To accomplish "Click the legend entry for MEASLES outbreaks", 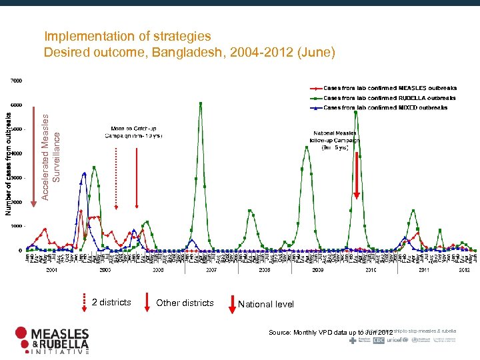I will coord(390,88).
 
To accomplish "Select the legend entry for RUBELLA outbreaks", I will coord(390,98).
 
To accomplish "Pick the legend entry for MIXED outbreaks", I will coord(385,107).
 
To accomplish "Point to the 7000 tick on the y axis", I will coord(15,81).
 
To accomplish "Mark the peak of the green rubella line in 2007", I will coord(201,103).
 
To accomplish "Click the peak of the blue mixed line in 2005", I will coord(84,173).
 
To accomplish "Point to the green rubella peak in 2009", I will coord(306,147).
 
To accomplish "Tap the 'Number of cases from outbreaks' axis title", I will coord(9,163).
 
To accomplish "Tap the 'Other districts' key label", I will coord(185,303).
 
